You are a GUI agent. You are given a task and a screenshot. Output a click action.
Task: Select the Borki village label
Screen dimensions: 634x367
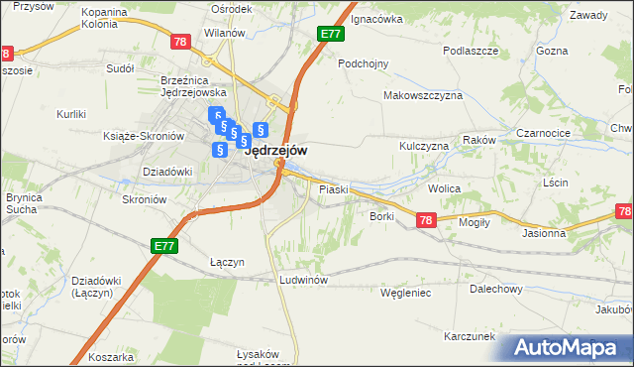(x=383, y=215)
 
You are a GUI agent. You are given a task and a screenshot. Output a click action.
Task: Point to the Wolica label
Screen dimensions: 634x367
(x=446, y=186)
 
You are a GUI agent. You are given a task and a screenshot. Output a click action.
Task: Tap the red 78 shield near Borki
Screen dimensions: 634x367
(x=426, y=220)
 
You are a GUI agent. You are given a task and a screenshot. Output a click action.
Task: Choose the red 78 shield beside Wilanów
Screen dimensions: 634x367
(x=179, y=42)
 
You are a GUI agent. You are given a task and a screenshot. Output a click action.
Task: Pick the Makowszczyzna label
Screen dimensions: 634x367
(x=423, y=95)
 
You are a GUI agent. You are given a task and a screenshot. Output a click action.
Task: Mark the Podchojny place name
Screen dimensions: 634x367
(x=363, y=63)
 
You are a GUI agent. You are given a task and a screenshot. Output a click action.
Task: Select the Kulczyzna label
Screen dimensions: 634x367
(x=424, y=146)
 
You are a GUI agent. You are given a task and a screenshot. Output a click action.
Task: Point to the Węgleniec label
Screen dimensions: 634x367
(x=405, y=293)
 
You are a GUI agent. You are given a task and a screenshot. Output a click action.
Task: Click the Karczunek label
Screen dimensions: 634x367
(x=470, y=336)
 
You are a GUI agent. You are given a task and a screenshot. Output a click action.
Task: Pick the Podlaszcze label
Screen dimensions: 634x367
(x=470, y=51)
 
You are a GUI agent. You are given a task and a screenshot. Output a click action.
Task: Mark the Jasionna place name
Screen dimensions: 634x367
(x=544, y=234)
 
